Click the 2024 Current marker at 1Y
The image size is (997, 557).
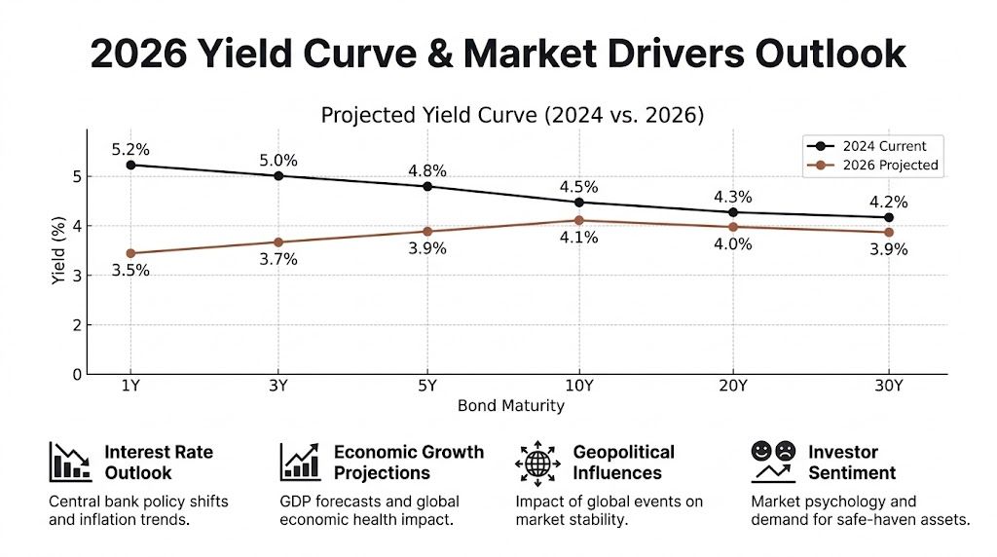(130, 165)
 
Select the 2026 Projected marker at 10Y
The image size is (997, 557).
(579, 220)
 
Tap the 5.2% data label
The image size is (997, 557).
(130, 149)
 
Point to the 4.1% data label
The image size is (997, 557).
(579, 237)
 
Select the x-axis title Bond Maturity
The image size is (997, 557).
(510, 405)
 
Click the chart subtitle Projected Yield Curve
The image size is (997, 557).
(512, 114)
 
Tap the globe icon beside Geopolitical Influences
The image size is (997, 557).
(537, 462)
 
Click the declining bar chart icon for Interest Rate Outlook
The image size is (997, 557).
(70, 462)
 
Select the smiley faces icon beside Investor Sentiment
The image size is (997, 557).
(772, 462)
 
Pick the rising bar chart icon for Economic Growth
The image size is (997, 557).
(301, 462)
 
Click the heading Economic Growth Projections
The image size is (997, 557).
(408, 462)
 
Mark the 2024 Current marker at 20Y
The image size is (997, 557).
(733, 211)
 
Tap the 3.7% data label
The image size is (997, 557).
(278, 259)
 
